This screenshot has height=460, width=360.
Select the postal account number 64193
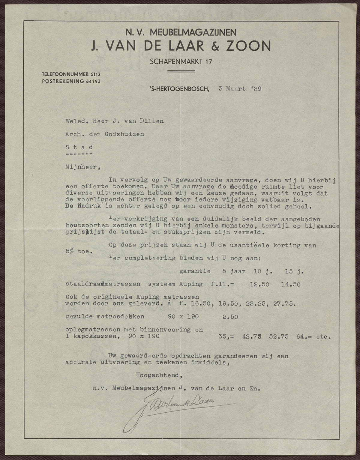(x=92, y=81)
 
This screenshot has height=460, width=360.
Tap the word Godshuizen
(x=124, y=134)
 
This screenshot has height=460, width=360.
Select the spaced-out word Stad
(x=79, y=147)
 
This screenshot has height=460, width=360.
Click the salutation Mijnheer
(x=80, y=167)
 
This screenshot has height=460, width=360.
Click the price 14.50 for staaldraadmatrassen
(x=291, y=284)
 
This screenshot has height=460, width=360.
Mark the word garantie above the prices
(x=194, y=271)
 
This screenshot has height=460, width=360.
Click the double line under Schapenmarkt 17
(x=181, y=71)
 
